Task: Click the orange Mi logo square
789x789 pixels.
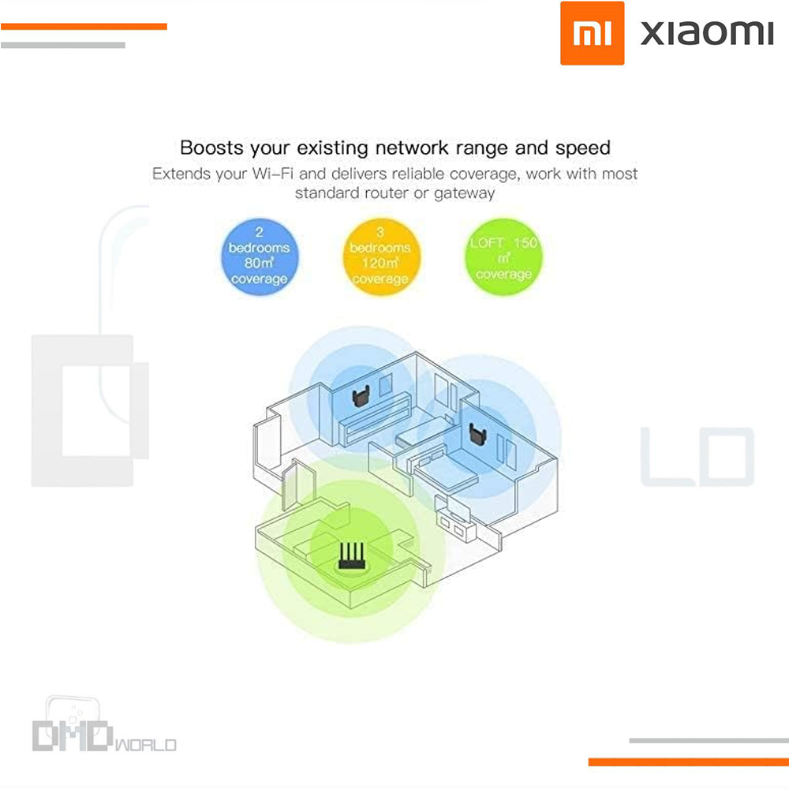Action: [593, 33]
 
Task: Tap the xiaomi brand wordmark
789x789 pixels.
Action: [707, 33]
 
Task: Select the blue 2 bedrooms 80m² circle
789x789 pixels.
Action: [259, 256]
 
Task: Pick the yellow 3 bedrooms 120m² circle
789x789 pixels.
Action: [381, 256]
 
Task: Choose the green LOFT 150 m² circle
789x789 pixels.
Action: [503, 257]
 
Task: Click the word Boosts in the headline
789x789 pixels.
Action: [211, 148]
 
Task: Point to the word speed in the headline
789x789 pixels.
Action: [583, 149]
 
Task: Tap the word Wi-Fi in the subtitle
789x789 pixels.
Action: [273, 174]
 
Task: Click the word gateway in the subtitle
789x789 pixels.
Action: [464, 193]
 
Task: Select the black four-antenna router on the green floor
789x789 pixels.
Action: [351, 556]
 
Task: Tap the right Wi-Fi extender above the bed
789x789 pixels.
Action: [477, 434]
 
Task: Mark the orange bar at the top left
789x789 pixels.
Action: [84, 27]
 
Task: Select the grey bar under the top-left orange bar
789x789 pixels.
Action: [63, 45]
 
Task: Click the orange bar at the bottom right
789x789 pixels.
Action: [688, 762]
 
